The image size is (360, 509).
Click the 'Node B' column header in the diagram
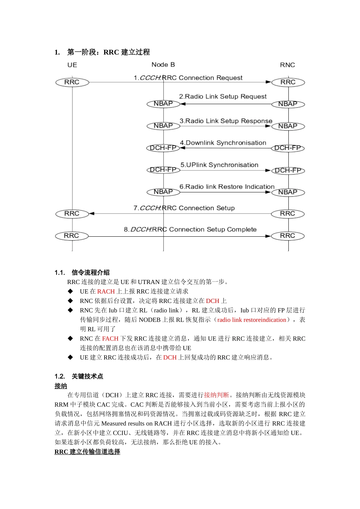coord(163,65)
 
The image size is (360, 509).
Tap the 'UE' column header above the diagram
coord(72,65)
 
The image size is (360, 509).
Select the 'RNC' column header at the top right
coord(287,65)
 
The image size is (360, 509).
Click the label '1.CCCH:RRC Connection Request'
coord(188,78)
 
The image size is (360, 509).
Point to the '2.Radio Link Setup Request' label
coord(223,97)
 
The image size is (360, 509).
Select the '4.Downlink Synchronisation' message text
coord(223,143)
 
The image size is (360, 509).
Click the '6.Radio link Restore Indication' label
coord(227,187)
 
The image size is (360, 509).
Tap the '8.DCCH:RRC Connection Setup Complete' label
coord(190,230)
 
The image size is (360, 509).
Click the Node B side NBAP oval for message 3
coord(163,126)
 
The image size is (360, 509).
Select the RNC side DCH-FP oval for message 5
coord(288,170)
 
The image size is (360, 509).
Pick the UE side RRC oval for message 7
coord(72,214)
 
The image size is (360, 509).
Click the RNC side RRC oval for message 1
coord(288,82)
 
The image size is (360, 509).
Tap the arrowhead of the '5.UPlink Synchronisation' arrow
coord(268,170)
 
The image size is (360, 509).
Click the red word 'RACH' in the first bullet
coord(106,291)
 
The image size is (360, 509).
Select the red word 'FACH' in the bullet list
coord(110,339)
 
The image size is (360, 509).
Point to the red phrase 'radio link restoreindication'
coord(252,320)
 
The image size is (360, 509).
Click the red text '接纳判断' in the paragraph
coord(216,395)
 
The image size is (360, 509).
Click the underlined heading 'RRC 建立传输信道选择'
coord(87,452)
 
